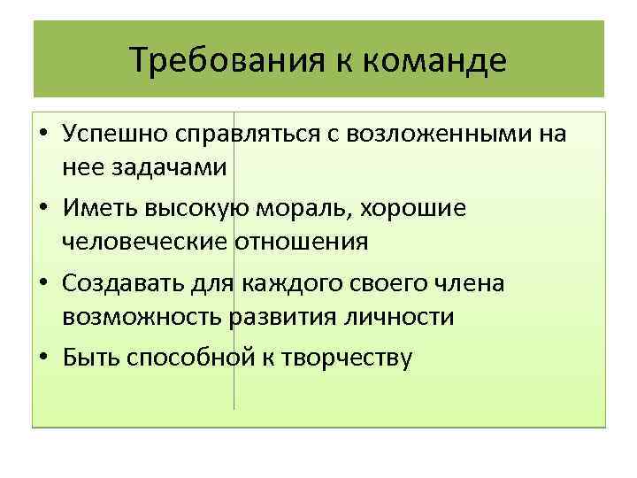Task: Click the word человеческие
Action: (145, 241)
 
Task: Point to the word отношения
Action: (301, 241)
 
